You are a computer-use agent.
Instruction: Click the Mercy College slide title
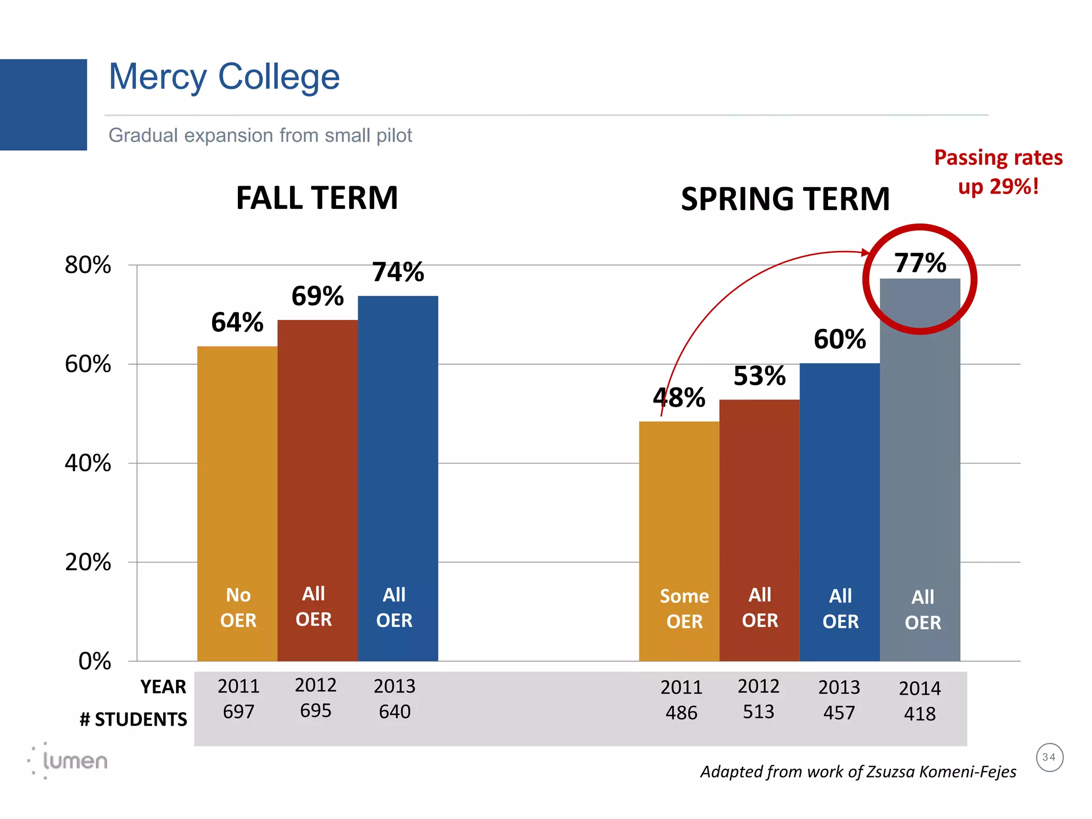click(x=224, y=77)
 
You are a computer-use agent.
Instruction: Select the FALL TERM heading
click(x=317, y=198)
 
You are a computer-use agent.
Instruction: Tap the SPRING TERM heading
click(x=785, y=199)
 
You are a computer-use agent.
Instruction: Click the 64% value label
click(x=237, y=323)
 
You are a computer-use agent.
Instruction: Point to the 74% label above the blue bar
click(x=398, y=272)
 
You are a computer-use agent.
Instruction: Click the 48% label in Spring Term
click(x=679, y=398)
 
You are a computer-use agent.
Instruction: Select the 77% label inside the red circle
click(x=920, y=263)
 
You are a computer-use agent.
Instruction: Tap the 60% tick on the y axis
click(x=88, y=364)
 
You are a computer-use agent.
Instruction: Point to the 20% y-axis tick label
click(x=88, y=563)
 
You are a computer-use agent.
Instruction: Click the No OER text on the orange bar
click(x=238, y=608)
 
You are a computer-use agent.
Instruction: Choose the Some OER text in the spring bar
click(x=684, y=609)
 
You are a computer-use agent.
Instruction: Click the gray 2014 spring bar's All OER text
click(x=922, y=610)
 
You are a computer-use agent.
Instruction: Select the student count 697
click(x=238, y=712)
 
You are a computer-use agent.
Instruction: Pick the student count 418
click(x=919, y=714)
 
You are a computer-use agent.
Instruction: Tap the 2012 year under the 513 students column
click(x=758, y=686)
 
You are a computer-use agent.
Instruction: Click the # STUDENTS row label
click(x=133, y=720)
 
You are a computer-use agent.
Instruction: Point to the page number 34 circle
click(x=1049, y=758)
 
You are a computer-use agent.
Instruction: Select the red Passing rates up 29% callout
click(x=998, y=172)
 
